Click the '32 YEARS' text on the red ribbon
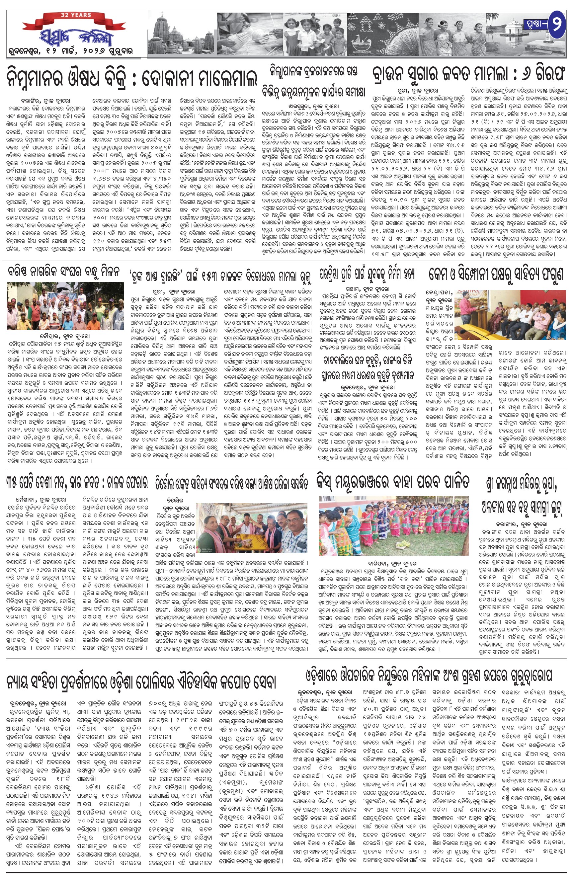76,15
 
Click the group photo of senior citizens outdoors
65,306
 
